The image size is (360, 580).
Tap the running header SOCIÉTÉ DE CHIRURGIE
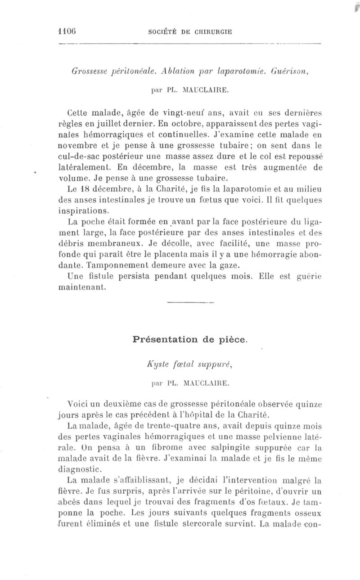tap(190, 32)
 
